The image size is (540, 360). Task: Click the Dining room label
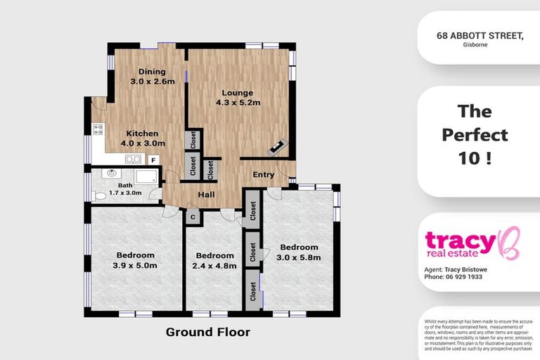click(152, 72)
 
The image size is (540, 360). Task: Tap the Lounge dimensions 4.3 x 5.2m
click(238, 103)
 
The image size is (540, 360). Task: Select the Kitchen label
click(142, 134)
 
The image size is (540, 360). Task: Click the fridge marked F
click(153, 160)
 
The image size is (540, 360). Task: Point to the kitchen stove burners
click(98, 129)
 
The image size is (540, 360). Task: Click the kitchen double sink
click(133, 160)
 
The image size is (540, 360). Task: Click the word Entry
click(264, 175)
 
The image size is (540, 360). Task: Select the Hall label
click(206, 195)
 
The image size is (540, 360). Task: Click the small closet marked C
click(192, 218)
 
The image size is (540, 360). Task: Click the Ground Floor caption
click(207, 331)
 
